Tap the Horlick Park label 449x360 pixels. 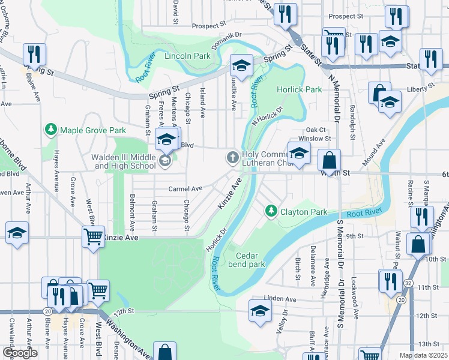[299, 89]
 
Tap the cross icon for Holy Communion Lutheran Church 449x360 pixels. [232, 158]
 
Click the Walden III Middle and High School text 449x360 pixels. [123, 161]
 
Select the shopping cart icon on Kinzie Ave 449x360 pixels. [93, 236]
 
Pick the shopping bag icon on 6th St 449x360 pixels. [330, 161]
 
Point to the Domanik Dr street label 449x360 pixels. [225, 41]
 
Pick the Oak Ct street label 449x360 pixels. [315, 130]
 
